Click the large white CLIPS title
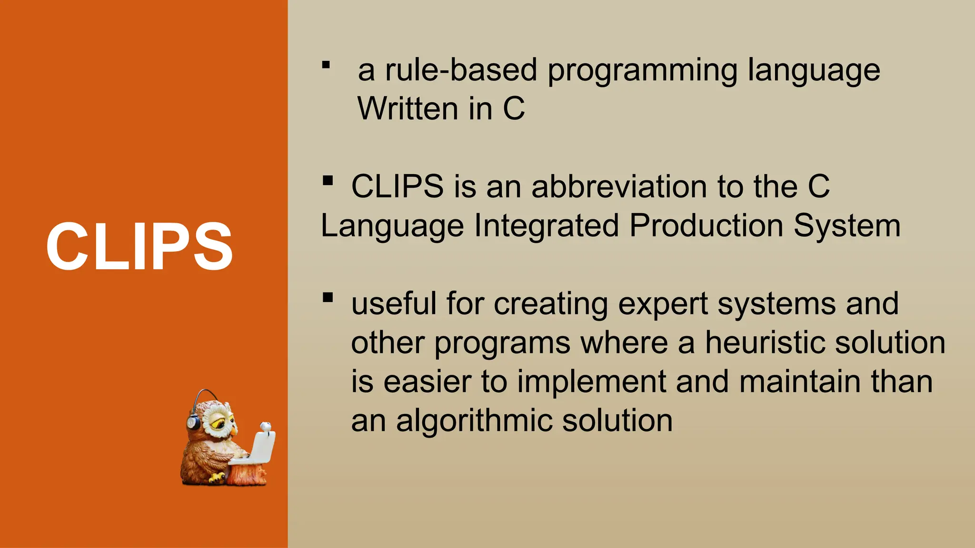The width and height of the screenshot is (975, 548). [x=139, y=246]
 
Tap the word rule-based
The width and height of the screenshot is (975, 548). [x=461, y=70]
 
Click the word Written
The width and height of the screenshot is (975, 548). [x=408, y=108]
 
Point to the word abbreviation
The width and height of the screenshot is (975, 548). [x=619, y=186]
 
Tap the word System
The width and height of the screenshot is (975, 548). [x=847, y=226]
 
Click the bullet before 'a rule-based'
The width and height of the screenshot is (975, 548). [x=326, y=65]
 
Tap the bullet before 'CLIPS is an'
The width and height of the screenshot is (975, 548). [x=328, y=181]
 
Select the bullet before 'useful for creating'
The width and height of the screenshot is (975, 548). [x=328, y=298]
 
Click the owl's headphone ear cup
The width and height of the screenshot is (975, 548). [x=193, y=422]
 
